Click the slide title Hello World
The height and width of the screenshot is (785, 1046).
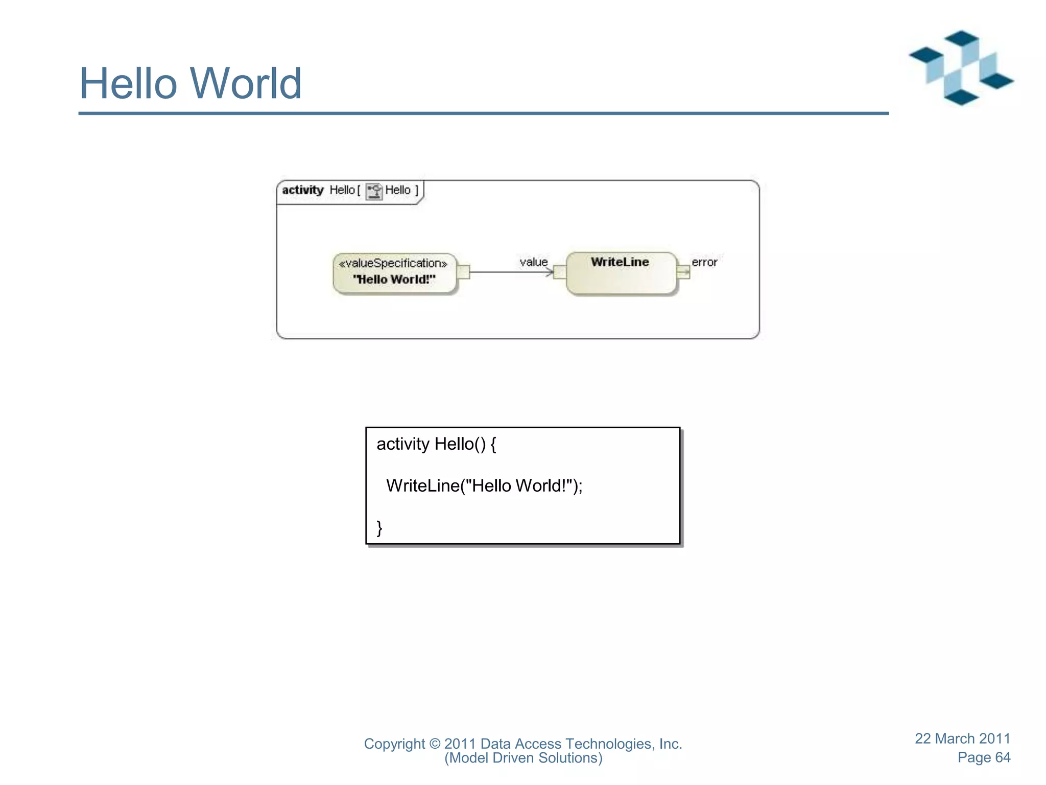(190, 83)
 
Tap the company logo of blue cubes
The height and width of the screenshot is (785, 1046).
(961, 68)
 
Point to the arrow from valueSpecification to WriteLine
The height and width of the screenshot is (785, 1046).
(511, 272)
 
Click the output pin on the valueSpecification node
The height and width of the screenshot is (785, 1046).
(463, 272)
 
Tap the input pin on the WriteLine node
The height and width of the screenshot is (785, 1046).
(560, 272)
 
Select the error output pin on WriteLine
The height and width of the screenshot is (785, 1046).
(683, 272)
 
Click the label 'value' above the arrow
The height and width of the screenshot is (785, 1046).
(533, 262)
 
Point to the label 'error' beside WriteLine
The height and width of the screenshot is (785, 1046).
(704, 262)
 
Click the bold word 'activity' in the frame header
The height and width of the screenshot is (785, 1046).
(303, 190)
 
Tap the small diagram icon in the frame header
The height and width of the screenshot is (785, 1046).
(374, 191)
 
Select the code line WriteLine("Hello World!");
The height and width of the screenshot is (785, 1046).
(484, 486)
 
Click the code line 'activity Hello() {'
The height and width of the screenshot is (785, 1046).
(436, 444)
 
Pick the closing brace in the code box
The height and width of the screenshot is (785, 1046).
(379, 527)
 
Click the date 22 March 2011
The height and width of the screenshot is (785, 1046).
(962, 738)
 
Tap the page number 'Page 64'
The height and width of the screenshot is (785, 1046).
(984, 757)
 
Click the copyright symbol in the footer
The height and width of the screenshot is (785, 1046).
(434, 744)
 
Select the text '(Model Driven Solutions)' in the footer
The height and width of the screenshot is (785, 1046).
(523, 758)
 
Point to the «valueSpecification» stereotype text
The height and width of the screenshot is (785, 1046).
(393, 263)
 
